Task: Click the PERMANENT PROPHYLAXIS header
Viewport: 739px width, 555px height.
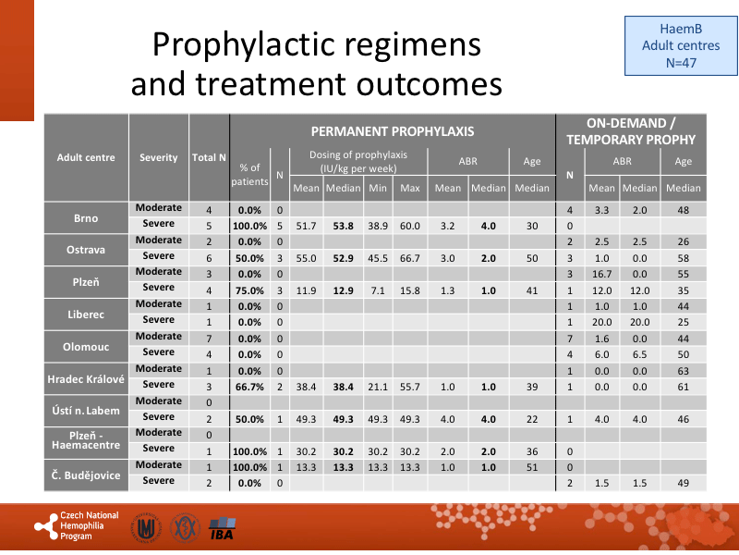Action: click(392, 131)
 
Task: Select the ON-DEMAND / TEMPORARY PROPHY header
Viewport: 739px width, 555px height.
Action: click(631, 131)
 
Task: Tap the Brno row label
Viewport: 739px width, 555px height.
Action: click(86, 219)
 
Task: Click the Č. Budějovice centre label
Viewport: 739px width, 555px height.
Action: click(86, 475)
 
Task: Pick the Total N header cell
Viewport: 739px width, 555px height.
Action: click(209, 157)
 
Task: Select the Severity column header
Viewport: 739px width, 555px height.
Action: click(158, 157)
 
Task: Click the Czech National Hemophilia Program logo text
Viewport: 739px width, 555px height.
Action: click(89, 525)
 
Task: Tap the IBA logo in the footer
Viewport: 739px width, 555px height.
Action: click(221, 529)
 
